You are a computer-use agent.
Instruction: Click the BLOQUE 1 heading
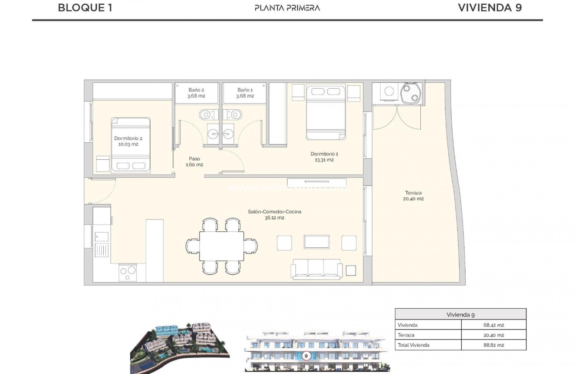pyautogui.click(x=85, y=7)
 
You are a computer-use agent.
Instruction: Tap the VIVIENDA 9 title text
pyautogui.click(x=490, y=7)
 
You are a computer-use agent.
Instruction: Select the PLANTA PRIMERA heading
pyautogui.click(x=287, y=8)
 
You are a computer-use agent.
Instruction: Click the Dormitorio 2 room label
pyautogui.click(x=128, y=141)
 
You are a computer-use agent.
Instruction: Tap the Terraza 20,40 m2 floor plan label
pyautogui.click(x=413, y=196)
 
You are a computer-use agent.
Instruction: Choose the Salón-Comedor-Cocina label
pyautogui.click(x=274, y=215)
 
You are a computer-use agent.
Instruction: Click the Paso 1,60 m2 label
pyautogui.click(x=194, y=162)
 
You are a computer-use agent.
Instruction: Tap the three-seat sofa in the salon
pyautogui.click(x=316, y=269)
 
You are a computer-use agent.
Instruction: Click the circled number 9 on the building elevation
pyautogui.click(x=306, y=356)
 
